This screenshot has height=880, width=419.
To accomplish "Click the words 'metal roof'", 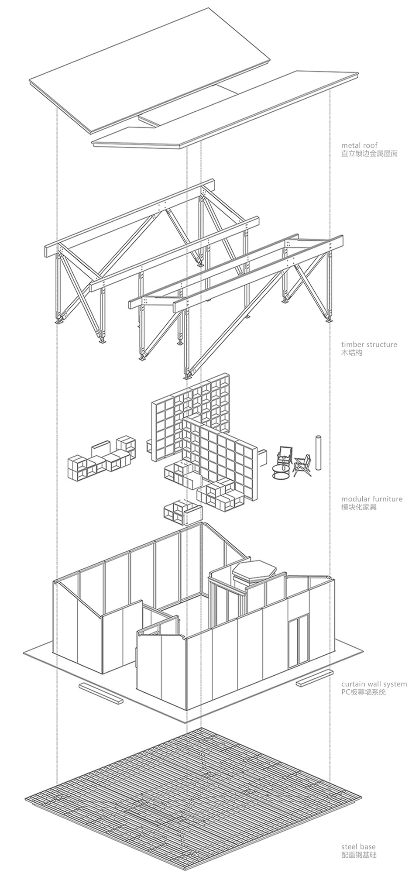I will coord(359,145).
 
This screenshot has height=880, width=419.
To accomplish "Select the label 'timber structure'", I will coord(369,344).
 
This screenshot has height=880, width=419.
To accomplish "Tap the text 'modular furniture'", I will coord(372,499).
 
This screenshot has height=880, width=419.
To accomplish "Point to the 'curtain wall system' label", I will coord(374,684).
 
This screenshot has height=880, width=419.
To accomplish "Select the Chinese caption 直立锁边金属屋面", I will coord(369,154).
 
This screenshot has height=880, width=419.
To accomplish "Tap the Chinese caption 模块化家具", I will coord(358,507).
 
